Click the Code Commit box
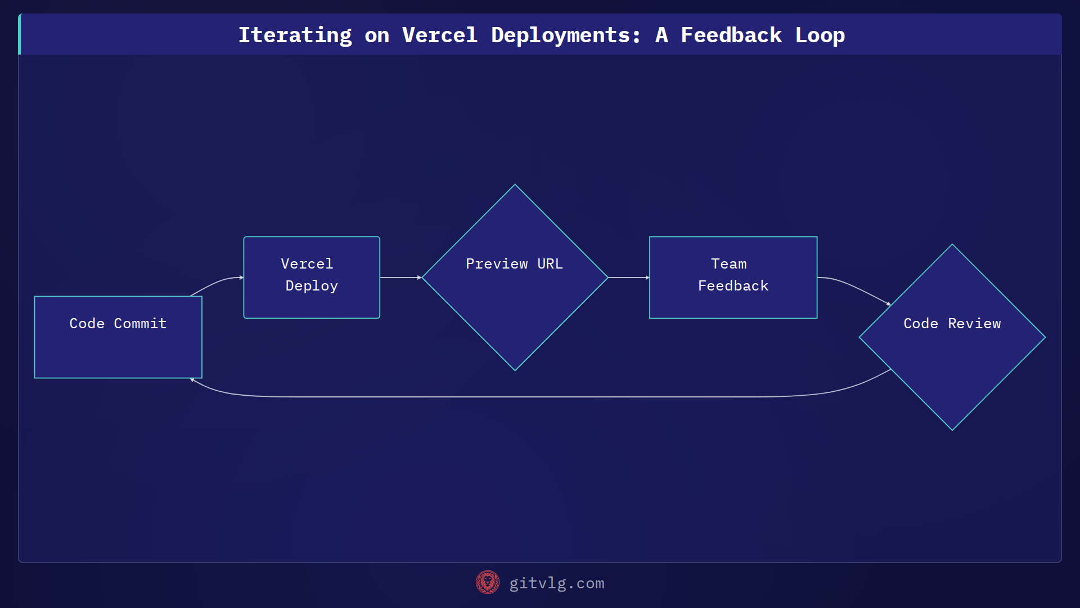(x=118, y=337)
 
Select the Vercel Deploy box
(x=312, y=278)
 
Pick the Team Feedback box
(x=733, y=278)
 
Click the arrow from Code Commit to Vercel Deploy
(x=217, y=283)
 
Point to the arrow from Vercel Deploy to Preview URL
(x=400, y=278)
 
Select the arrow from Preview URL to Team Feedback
(x=628, y=278)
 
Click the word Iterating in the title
(x=295, y=35)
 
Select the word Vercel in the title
(x=439, y=35)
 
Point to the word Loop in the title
(x=820, y=35)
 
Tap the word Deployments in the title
(x=565, y=35)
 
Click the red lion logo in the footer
(x=488, y=582)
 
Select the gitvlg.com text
(x=556, y=583)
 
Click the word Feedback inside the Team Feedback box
(x=733, y=286)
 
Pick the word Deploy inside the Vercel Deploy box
(x=312, y=286)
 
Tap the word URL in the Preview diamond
(x=550, y=264)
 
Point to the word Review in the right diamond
(x=974, y=324)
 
